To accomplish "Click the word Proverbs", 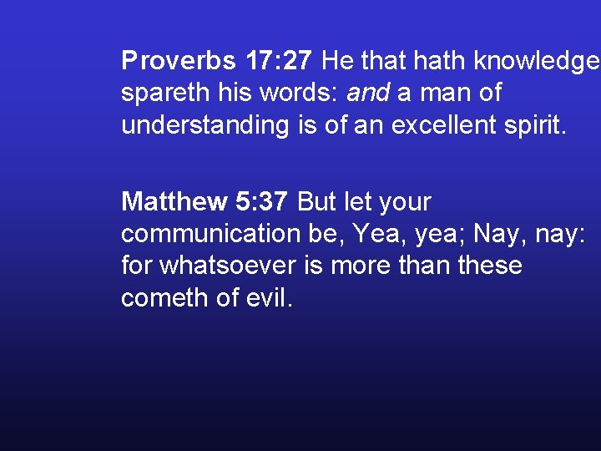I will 177,61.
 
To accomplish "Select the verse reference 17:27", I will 280,61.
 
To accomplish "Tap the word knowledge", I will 536,61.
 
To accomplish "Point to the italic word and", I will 368,94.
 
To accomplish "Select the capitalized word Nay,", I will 497,234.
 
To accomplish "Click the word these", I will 489,266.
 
